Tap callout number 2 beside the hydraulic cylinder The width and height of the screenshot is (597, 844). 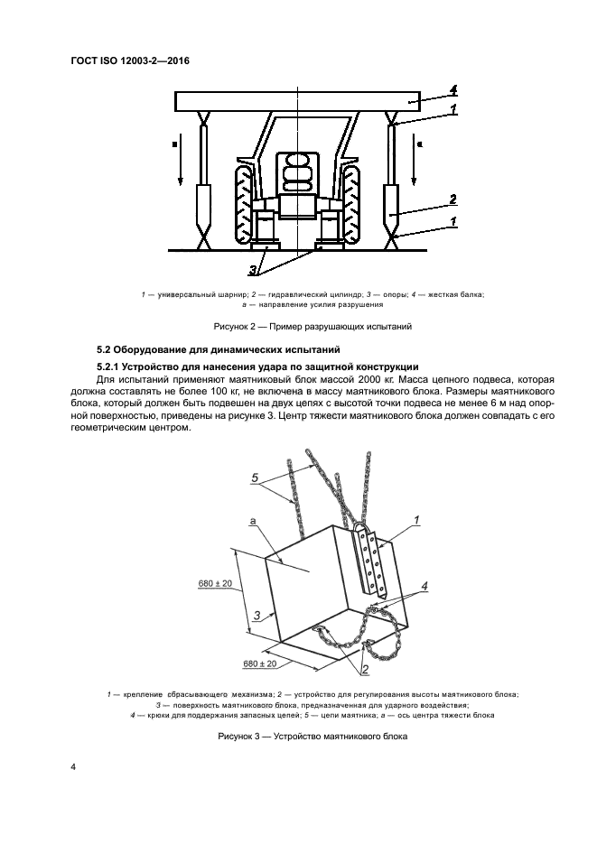tap(452, 199)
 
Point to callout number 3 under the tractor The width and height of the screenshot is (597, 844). tap(256, 268)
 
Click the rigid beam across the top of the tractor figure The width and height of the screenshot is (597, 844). tap(298, 100)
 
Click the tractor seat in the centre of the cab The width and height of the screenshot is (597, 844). tap(298, 171)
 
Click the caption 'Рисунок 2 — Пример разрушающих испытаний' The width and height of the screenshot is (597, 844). tap(298, 326)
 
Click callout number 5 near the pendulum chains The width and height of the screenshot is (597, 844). tap(256, 477)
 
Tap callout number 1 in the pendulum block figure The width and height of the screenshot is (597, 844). tap(416, 520)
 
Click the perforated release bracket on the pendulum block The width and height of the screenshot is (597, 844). tap(373, 565)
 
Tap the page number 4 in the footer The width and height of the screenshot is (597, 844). tap(73, 767)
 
